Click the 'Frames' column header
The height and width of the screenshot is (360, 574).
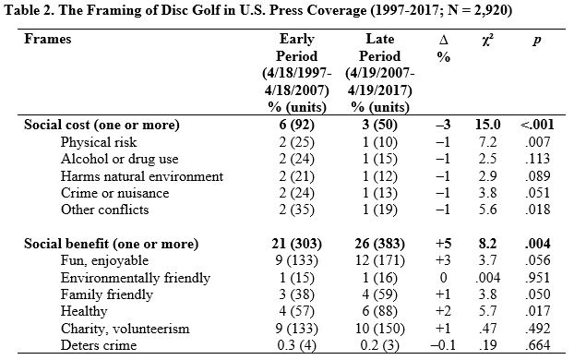tap(47, 41)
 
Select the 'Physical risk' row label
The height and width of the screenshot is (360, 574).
tap(98, 143)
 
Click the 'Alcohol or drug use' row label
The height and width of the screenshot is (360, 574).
tap(116, 160)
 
